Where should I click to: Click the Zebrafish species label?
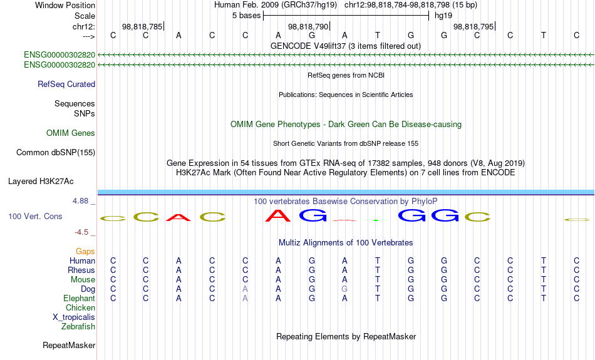pos(78,327)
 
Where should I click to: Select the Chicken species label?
pos(80,307)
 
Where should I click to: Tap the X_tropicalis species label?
pos(74,317)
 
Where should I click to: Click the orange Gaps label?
pos(85,252)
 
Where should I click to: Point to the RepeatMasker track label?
pos(69,345)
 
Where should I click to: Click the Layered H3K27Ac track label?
pos(41,182)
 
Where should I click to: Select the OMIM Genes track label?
pos(71,133)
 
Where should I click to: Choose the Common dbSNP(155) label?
pos(56,153)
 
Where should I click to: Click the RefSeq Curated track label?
pos(66,85)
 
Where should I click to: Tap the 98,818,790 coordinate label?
pos(308,26)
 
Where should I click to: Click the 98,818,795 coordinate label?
pos(473,26)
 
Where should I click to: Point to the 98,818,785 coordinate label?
pos(142,26)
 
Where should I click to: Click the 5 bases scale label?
pos(247,16)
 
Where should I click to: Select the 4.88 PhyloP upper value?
pos(80,201)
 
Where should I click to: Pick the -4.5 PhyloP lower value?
pos(81,232)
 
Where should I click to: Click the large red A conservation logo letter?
pos(277,216)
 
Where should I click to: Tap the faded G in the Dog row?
pos(344,289)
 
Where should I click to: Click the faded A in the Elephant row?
pos(245,299)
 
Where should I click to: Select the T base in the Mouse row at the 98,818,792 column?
pos(378,280)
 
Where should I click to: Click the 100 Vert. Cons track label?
pos(35,216)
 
